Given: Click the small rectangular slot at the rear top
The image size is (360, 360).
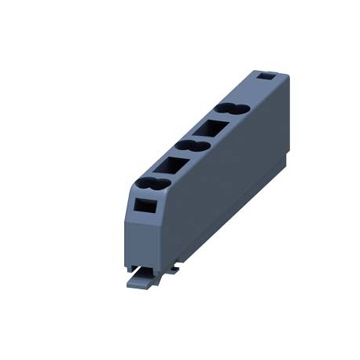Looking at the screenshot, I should tap(266, 78).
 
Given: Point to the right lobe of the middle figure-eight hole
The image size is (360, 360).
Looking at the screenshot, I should tap(200, 145).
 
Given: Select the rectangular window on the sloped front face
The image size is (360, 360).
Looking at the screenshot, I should tap(145, 205).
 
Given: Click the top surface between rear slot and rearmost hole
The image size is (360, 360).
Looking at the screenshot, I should tap(250, 91).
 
